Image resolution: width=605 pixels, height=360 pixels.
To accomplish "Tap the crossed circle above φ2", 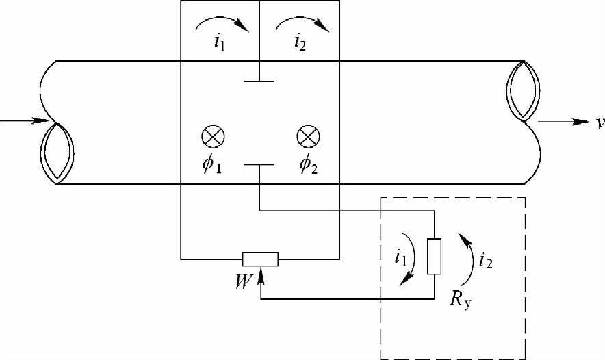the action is tap(306, 136).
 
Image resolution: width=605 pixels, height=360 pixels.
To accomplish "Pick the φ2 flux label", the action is tap(309, 166).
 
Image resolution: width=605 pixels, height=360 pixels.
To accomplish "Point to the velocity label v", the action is tap(599, 124).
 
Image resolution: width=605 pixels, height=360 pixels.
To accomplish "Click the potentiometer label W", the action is tap(243, 280).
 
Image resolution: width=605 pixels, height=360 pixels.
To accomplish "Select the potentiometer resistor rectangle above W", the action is tap(260, 259).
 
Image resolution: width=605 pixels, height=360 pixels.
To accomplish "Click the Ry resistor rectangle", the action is tap(434, 257).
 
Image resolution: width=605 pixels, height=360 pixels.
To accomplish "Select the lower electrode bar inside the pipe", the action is tap(259, 164).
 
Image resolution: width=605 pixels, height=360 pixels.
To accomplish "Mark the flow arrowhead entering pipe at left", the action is tap(42, 123).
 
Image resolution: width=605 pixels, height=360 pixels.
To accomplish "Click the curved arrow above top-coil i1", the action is tap(221, 25).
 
